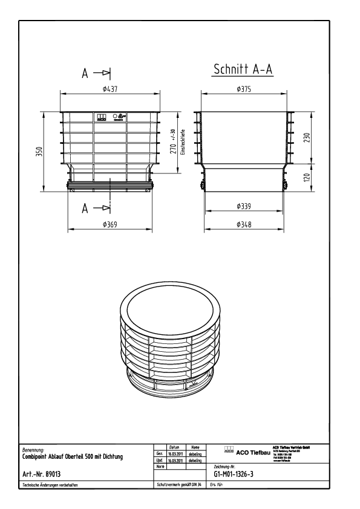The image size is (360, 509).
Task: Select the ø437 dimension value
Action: (x=110, y=89)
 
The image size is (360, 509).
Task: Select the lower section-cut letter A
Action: (x=87, y=209)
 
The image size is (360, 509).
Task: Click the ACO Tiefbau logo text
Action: (x=248, y=451)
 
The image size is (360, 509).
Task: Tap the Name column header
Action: (x=195, y=446)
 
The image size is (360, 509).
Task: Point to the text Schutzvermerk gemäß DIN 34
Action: (x=178, y=485)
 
